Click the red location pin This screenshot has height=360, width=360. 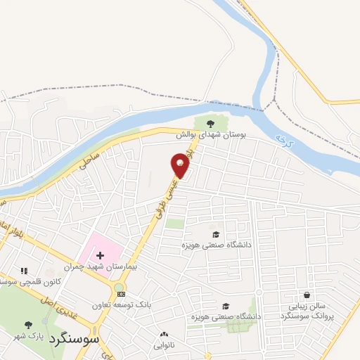click(180, 165)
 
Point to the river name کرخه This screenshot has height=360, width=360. click(283, 134)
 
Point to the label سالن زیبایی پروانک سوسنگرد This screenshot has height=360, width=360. click(307, 311)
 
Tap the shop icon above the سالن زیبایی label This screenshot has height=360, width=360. click(307, 295)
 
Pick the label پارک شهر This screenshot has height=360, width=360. click(51, 336)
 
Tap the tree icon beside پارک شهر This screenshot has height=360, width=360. click(29, 326)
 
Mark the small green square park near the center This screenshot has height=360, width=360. click(175, 224)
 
